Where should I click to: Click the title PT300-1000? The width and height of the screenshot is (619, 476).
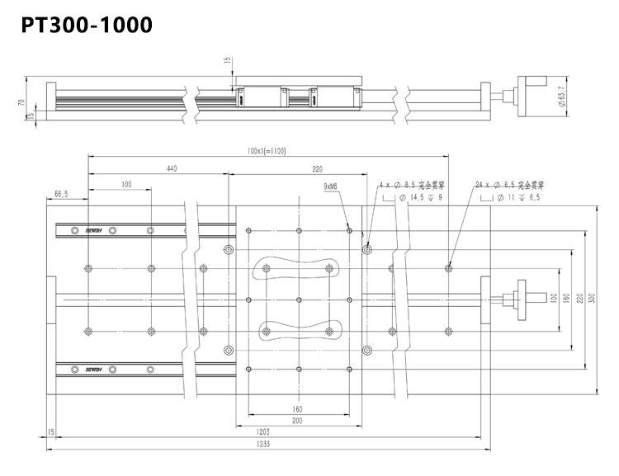[x=87, y=24]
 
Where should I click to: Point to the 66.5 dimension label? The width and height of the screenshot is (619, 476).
[x=61, y=195]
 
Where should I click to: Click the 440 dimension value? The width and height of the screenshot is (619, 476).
[x=172, y=168]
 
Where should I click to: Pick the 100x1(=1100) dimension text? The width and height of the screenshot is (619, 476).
[x=265, y=151]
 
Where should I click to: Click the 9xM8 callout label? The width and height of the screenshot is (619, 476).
[x=334, y=187]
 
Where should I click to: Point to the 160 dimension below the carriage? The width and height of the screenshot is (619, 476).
[x=296, y=408]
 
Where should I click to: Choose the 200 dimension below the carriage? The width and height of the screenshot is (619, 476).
[x=296, y=420]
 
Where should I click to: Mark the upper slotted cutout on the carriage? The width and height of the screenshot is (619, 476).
[x=298, y=268]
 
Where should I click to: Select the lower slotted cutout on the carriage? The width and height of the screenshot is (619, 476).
[x=298, y=329]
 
